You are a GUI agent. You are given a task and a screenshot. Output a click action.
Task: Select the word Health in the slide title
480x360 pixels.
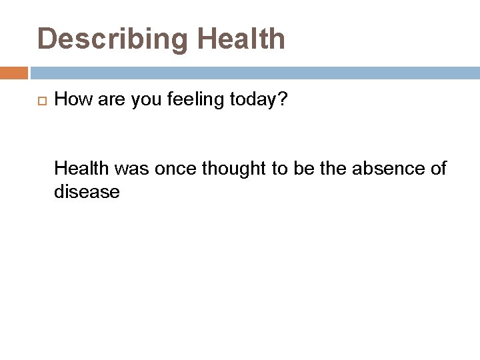tap(241, 39)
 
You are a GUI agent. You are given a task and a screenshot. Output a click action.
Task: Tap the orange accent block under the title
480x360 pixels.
tap(14, 73)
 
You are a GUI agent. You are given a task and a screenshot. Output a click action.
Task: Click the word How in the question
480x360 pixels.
tap(72, 100)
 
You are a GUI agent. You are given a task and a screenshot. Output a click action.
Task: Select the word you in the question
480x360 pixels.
tap(141, 100)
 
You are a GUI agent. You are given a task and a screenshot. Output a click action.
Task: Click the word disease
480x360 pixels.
tap(87, 192)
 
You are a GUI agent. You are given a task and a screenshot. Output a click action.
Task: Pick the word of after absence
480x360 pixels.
tap(438, 169)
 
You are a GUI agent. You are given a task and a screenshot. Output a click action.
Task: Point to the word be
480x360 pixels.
tap(305, 169)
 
